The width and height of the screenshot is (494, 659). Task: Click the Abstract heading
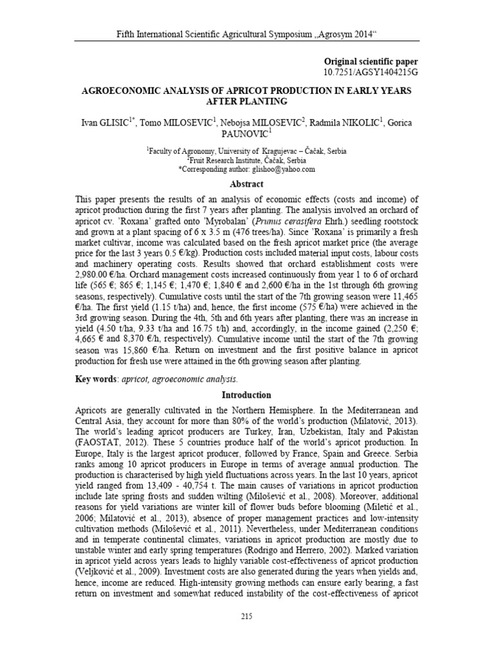click(246, 184)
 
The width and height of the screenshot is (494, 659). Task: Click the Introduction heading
click(246, 394)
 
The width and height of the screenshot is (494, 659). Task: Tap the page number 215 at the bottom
click(246, 635)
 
